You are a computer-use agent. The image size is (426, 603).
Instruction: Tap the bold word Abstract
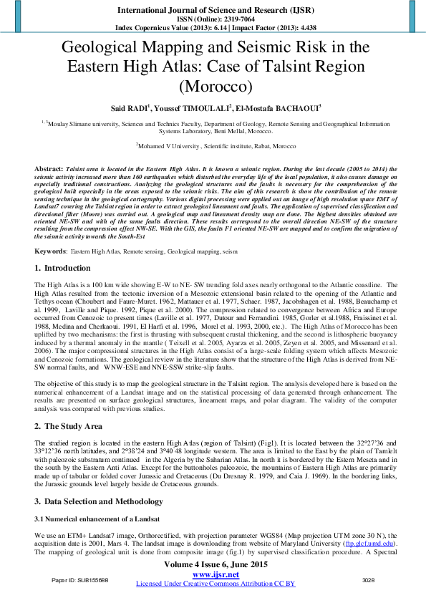pos(48,165)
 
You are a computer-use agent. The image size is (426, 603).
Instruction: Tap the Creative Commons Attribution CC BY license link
pos(215,584)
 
